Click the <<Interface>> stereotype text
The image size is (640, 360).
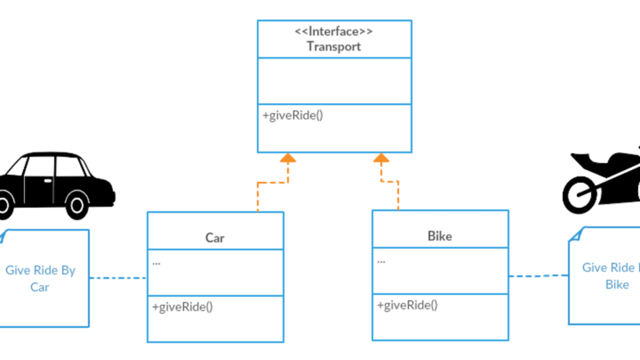tap(334, 31)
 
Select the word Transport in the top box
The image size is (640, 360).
tap(334, 46)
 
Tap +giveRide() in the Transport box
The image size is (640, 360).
tap(292, 116)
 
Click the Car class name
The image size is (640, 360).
tap(215, 237)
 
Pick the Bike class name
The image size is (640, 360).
tap(439, 236)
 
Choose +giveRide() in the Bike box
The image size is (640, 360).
tap(407, 305)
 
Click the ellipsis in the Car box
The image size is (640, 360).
tap(156, 262)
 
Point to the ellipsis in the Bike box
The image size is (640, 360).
tap(381, 260)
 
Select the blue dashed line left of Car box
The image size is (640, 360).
tap(118, 278)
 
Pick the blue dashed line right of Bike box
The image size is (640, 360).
tap(537, 276)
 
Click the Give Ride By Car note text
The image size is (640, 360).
tap(41, 279)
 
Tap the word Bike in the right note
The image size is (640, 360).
tap(617, 284)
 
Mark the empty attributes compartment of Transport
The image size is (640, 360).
tap(334, 81)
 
